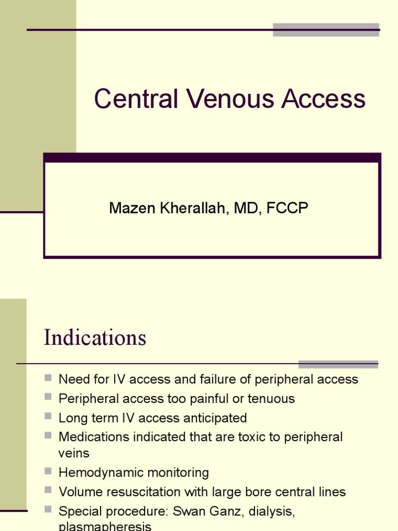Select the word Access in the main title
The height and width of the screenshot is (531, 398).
pos(324,99)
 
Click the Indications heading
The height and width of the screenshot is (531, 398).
pos(95,338)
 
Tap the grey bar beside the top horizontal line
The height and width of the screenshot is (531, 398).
pos(326,30)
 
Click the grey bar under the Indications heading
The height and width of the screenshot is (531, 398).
pos(338,364)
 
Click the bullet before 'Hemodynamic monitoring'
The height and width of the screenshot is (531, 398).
pos(48,471)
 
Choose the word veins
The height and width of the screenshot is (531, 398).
pos(74,453)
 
